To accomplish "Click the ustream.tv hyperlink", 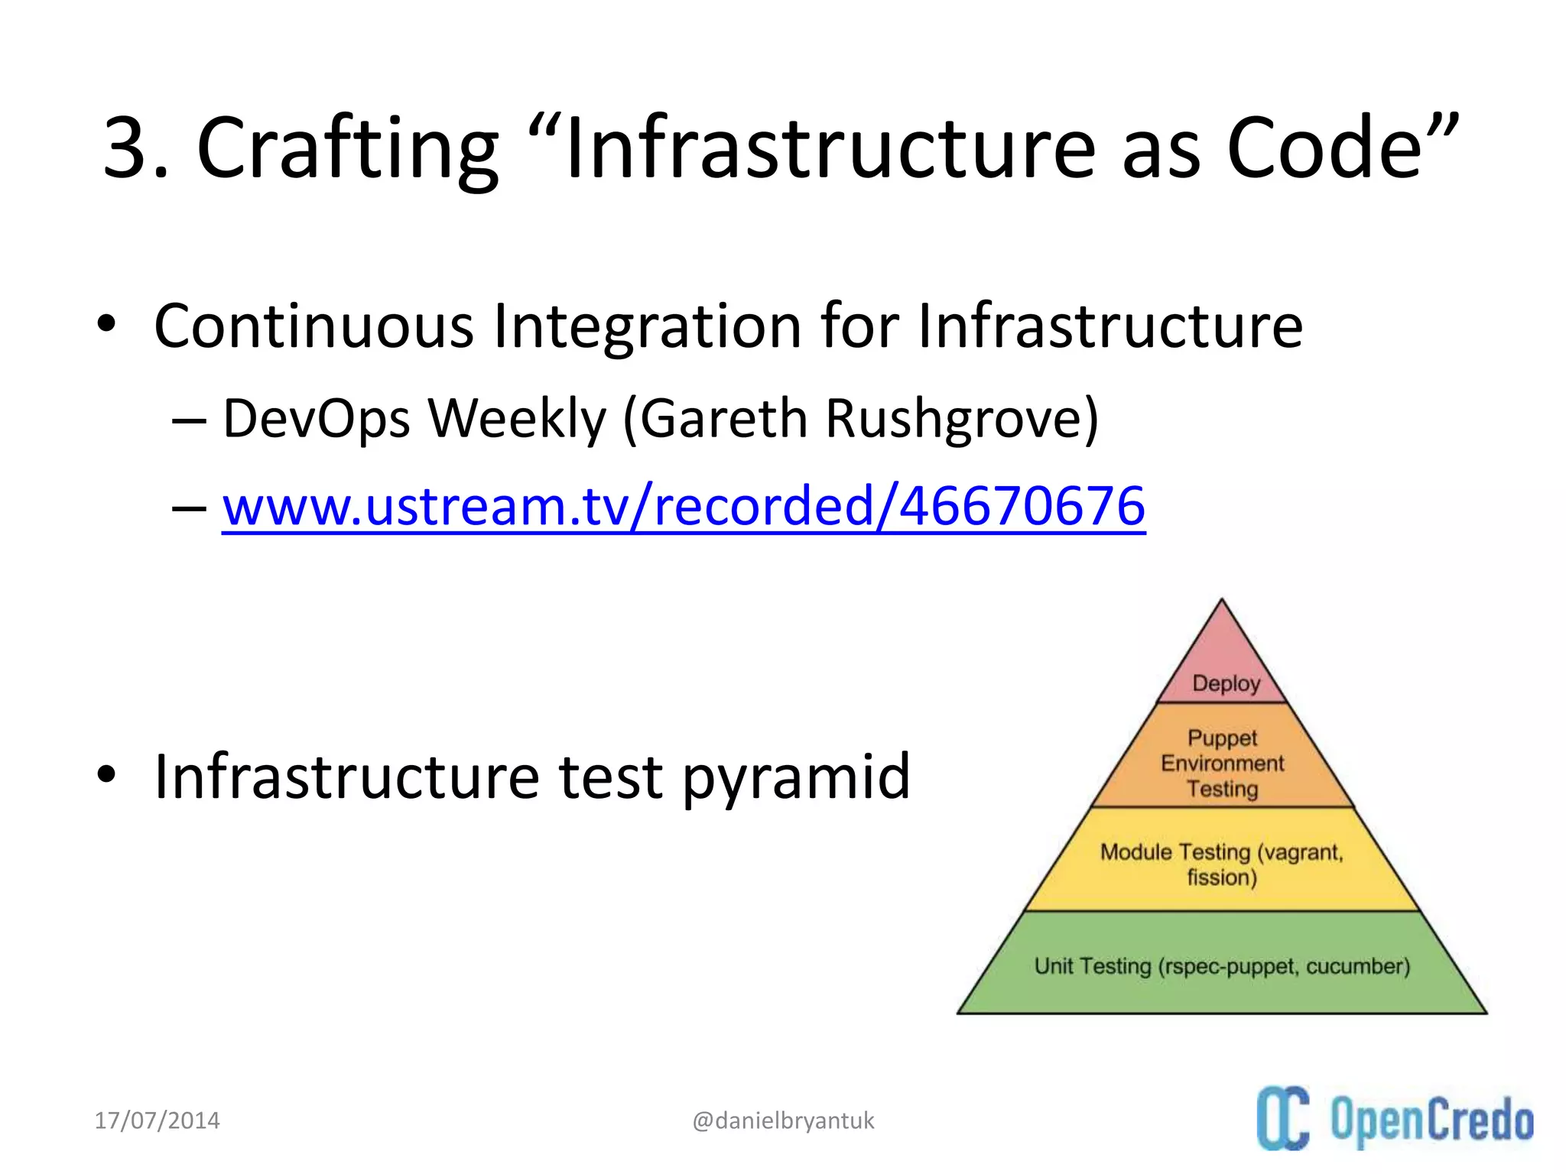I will pyautogui.click(x=684, y=507).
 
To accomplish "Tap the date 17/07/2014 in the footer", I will pyautogui.click(x=157, y=1120).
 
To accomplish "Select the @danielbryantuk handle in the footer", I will pyautogui.click(x=783, y=1120).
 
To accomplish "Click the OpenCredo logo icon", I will pyautogui.click(x=1283, y=1118).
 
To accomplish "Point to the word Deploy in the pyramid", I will pyautogui.click(x=1226, y=683).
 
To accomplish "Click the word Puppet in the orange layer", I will pyautogui.click(x=1222, y=738).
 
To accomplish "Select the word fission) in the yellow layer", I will pyautogui.click(x=1222, y=877).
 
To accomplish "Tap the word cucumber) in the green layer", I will pyautogui.click(x=1358, y=966).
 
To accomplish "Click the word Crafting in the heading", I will pyautogui.click(x=347, y=149).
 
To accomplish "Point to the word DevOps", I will pyautogui.click(x=316, y=419).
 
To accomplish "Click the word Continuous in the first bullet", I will pyautogui.click(x=314, y=326).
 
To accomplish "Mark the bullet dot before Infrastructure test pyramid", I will pyautogui.click(x=106, y=774).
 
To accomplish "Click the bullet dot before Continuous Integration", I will pyautogui.click(x=106, y=324).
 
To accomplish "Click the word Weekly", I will pyautogui.click(x=516, y=420).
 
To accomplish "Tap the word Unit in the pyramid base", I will pyautogui.click(x=1054, y=966).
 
